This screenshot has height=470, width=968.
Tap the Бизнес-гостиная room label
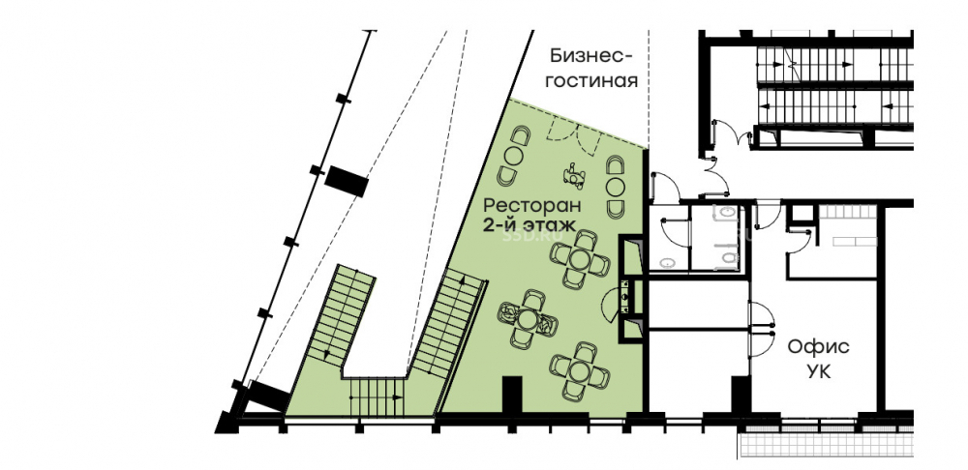tap(592, 69)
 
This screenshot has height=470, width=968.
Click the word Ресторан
tap(532, 204)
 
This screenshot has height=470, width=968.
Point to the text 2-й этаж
tap(529, 224)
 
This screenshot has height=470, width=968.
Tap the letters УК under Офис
tap(818, 372)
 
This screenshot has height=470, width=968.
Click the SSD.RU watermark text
tap(524, 235)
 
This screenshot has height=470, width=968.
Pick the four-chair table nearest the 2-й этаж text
tap(580, 258)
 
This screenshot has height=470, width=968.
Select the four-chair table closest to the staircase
tap(528, 319)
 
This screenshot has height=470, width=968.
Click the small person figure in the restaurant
tap(574, 175)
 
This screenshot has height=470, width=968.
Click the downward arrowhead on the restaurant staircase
tap(328, 354)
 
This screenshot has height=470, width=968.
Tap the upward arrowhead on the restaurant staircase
tap(462, 280)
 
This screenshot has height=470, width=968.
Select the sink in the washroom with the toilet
tap(726, 214)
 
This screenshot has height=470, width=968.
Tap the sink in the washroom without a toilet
tap(667, 263)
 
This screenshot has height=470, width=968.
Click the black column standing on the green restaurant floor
tap(513, 395)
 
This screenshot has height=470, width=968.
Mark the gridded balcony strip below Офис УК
tap(826, 444)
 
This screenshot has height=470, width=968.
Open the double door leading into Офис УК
tap(761, 319)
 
